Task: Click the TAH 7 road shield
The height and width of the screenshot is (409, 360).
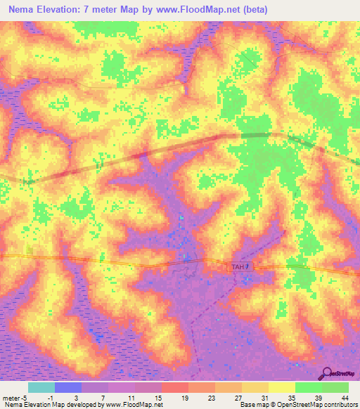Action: point(240,267)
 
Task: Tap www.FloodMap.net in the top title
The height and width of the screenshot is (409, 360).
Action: point(205,10)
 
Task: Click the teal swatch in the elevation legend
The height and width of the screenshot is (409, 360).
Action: point(41,387)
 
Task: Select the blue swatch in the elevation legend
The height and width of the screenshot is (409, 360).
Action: point(68,387)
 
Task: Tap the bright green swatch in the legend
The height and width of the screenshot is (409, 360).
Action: point(309,387)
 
